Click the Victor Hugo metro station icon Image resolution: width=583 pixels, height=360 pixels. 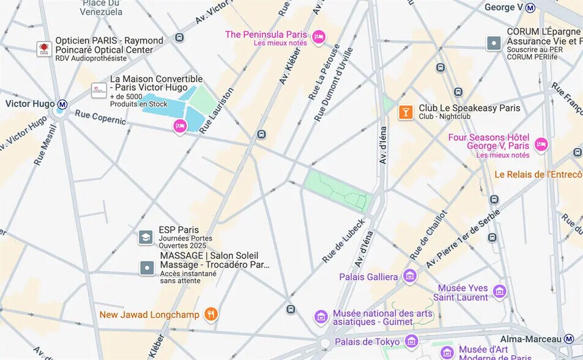(x=62, y=104)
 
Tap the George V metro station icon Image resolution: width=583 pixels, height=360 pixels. (x=530, y=8)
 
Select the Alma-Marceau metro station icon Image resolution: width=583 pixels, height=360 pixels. (x=569, y=339)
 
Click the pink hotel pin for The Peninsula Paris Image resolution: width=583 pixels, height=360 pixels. (x=318, y=37)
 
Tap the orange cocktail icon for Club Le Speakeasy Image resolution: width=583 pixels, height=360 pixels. (x=405, y=112)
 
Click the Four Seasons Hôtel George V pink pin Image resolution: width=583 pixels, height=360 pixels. (x=541, y=144)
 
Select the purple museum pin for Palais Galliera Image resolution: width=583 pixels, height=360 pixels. (x=409, y=276)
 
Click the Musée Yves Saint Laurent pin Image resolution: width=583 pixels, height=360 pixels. (x=499, y=291)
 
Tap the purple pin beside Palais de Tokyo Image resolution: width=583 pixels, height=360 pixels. (x=412, y=341)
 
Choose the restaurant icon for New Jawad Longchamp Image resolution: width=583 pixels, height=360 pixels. (x=211, y=314)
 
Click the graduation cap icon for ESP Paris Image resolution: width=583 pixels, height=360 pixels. (x=146, y=237)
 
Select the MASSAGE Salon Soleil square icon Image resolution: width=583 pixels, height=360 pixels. (x=147, y=268)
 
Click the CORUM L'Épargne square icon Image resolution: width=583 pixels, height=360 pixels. (x=494, y=43)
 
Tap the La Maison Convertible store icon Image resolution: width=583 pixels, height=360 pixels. (x=98, y=90)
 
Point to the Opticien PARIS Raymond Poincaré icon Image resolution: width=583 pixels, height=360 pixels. (x=44, y=49)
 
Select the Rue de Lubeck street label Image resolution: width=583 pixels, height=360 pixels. (x=344, y=241)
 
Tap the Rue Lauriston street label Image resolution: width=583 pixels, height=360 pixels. (x=217, y=110)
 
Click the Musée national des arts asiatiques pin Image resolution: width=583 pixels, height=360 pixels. (x=321, y=317)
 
